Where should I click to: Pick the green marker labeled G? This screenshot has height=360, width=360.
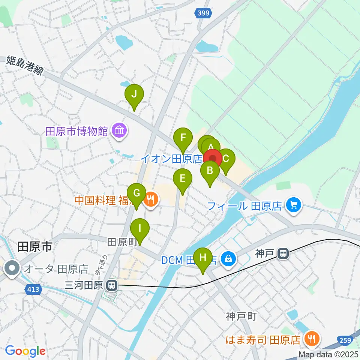137,193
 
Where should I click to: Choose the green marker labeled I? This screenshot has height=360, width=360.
139,228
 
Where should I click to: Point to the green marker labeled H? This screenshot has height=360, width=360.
203,258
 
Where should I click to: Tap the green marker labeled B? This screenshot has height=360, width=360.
210,171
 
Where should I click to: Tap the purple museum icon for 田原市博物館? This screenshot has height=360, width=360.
120,131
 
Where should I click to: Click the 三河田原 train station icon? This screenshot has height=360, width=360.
111,286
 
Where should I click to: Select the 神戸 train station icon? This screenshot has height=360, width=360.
283,254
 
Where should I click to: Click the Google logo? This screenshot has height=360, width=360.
25,351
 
